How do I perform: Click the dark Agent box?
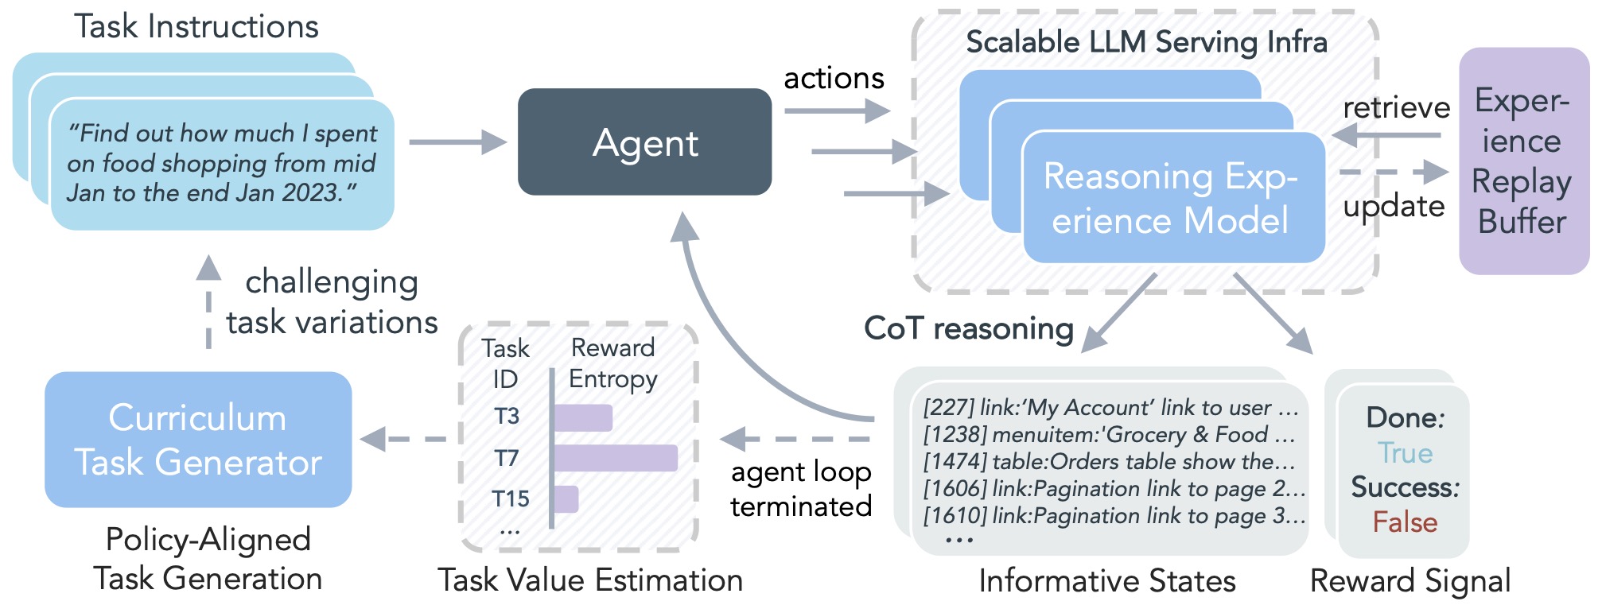click(x=644, y=142)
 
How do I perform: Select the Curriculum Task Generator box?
click(x=198, y=440)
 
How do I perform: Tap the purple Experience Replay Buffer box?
click(x=1522, y=161)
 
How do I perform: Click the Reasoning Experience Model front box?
click(x=1172, y=198)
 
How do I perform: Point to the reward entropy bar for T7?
click(x=615, y=458)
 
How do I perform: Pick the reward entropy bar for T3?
click(x=583, y=417)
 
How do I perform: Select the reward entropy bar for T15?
click(x=566, y=499)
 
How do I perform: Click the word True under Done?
click(x=1405, y=453)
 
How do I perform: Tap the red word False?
click(x=1405, y=522)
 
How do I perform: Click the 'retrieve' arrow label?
click(x=1396, y=107)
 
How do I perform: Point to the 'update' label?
click(x=1394, y=207)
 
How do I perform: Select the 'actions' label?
click(x=834, y=78)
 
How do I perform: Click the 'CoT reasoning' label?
click(x=968, y=328)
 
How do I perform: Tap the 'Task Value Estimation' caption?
click(x=590, y=580)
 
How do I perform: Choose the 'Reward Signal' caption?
click(x=1410, y=581)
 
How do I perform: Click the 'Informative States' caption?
click(x=1106, y=581)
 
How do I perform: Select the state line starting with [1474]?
click(x=1109, y=462)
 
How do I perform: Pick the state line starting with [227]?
click(x=1109, y=408)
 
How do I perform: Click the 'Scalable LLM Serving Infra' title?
click(x=1146, y=42)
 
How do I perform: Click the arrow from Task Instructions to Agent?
click(x=457, y=142)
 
